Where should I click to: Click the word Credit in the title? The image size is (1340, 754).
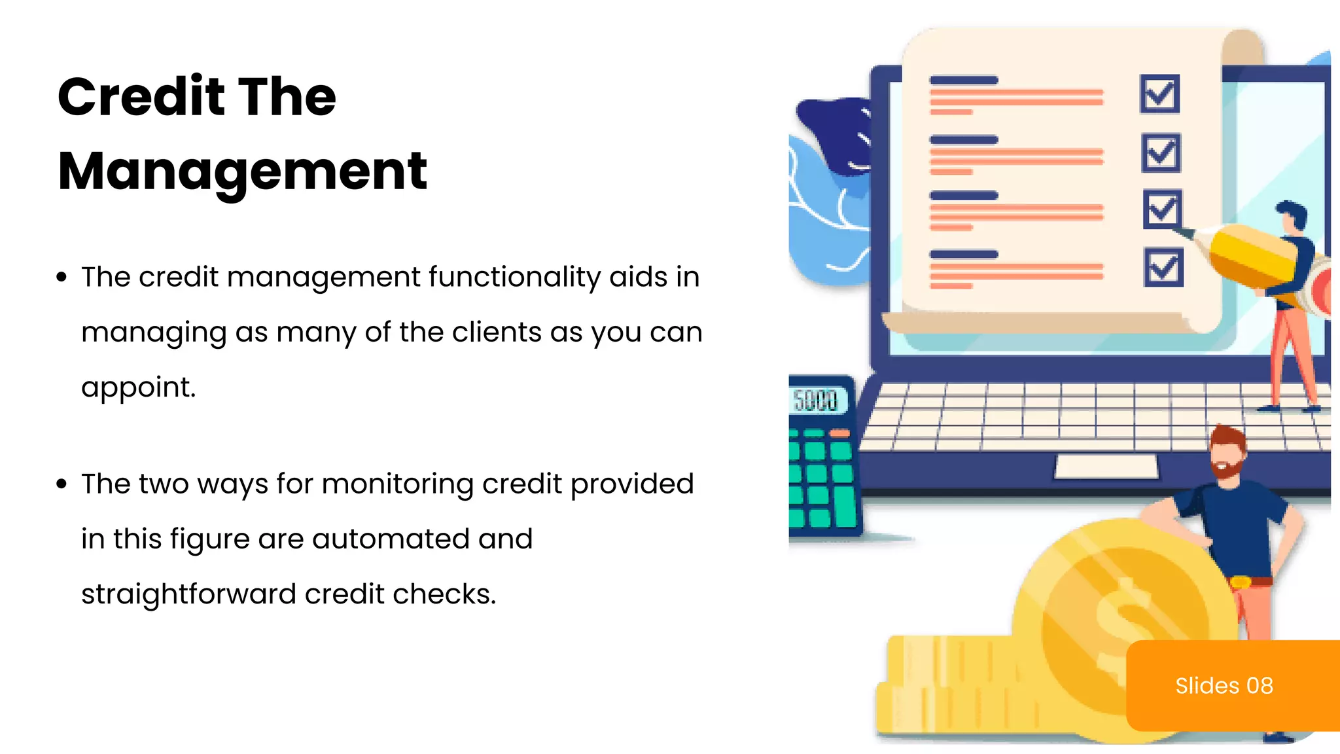140,97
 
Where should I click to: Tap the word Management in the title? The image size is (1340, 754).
242,171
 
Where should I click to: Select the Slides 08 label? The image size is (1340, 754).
1224,685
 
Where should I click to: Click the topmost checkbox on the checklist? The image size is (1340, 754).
1159,94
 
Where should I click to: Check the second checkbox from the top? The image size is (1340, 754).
1161,153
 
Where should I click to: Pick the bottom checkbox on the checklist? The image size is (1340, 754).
1163,267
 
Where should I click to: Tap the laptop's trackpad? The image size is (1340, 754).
1106,467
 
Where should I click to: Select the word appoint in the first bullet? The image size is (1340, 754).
138,387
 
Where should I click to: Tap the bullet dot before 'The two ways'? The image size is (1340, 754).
62,484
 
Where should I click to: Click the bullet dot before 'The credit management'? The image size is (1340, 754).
62,278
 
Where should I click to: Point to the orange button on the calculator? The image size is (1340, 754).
839,433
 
